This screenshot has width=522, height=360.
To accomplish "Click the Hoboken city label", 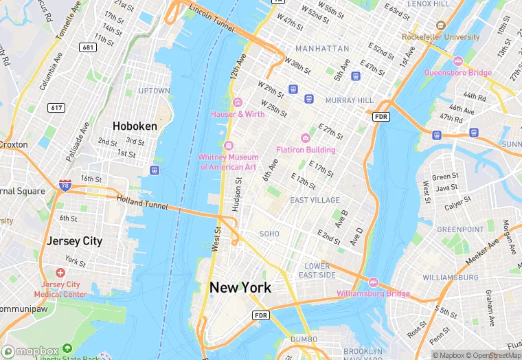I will (135, 126).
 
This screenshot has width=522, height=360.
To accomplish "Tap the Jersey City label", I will (74, 241).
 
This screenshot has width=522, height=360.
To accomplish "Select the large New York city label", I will (240, 288).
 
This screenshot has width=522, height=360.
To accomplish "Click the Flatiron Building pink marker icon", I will (306, 138).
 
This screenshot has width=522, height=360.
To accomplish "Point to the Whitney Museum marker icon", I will (228, 146).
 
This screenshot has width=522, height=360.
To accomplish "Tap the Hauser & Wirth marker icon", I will (238, 102).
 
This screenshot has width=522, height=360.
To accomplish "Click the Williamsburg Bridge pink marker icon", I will (374, 282).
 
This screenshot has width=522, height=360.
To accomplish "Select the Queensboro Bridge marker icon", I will (458, 61).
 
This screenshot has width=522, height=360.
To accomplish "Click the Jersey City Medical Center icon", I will (60, 273).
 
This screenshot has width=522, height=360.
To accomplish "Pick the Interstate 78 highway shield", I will (64, 185).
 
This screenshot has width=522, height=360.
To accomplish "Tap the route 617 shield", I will (56, 108).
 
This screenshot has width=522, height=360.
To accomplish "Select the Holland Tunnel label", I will (142, 201).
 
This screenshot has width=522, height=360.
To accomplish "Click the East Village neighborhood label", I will (315, 200).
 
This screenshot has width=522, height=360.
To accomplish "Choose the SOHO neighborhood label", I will (269, 234).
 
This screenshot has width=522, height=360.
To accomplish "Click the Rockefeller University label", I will (441, 36).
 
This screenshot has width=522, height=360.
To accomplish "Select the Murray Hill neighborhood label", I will (349, 100).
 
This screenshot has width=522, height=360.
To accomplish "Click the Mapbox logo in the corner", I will (32, 350).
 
